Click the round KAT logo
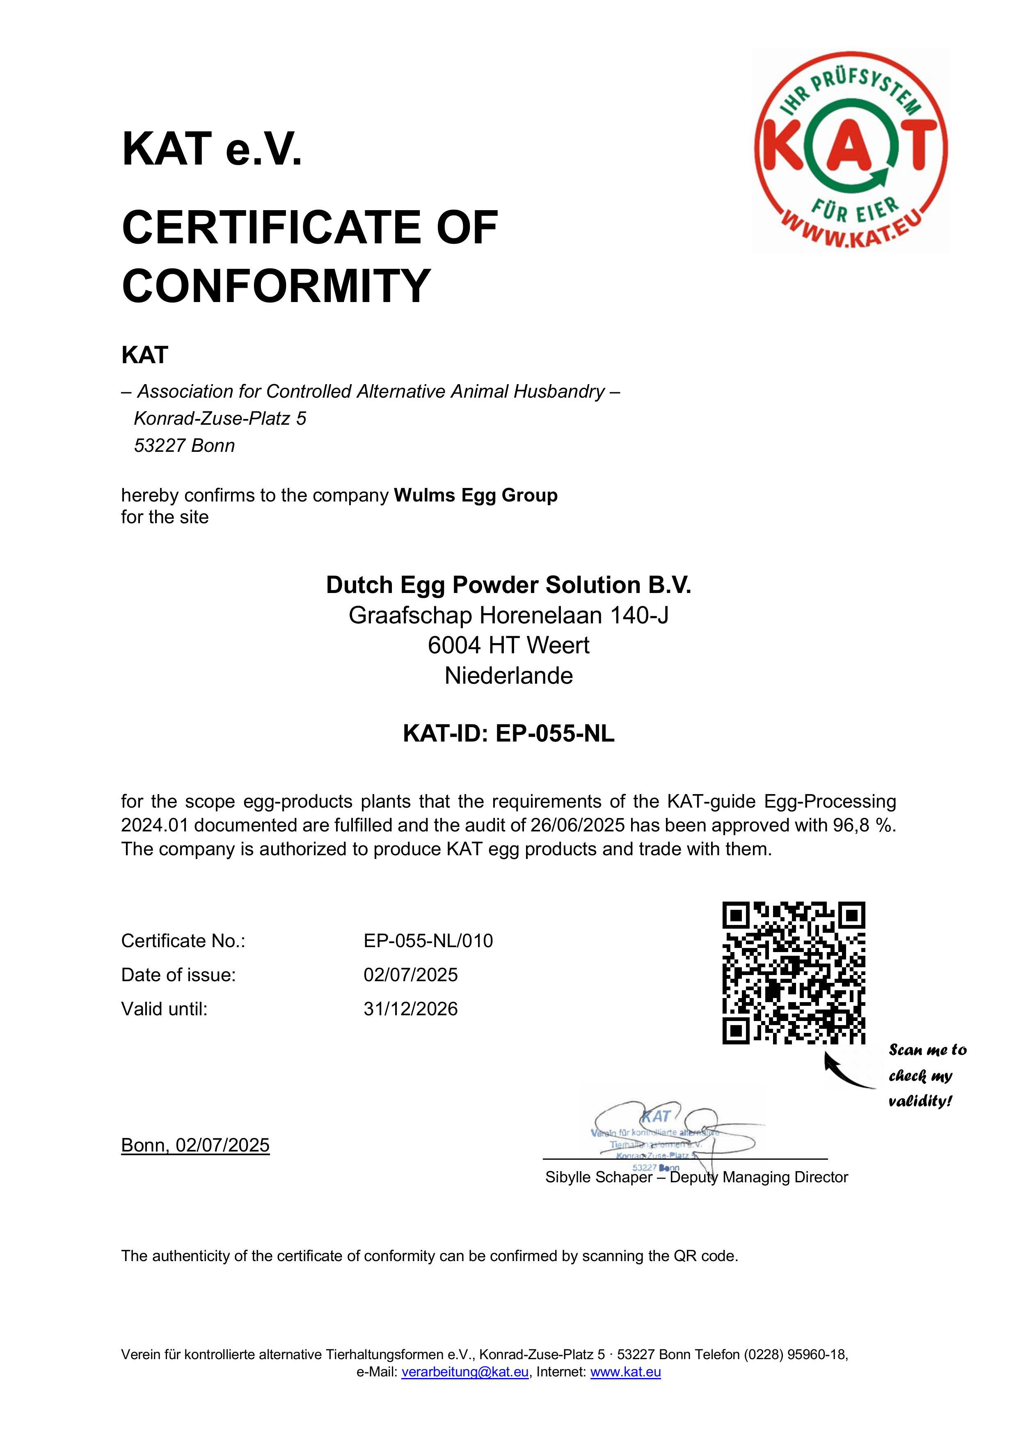point(851,151)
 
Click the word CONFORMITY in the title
point(276,286)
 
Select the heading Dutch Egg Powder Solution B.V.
point(509,585)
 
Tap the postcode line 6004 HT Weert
point(509,646)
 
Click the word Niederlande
point(509,676)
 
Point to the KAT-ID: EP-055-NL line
point(509,733)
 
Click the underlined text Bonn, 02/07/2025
point(195,1145)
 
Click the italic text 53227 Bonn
point(184,446)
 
